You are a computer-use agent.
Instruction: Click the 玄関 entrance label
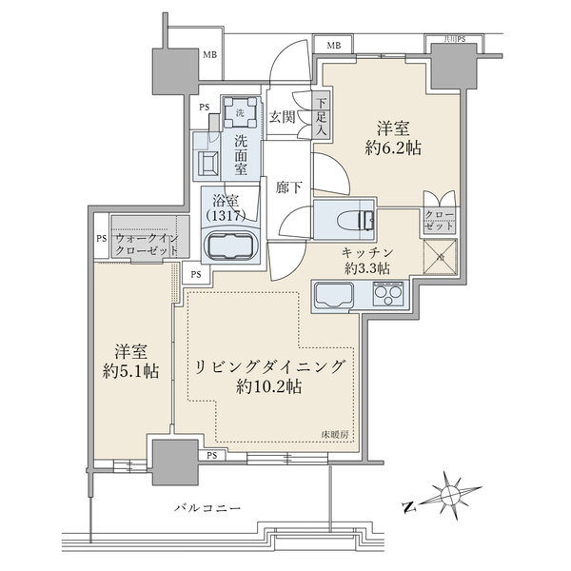[282, 117]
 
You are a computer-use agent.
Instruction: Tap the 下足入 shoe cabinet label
[321, 115]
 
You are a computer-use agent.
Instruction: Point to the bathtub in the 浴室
[230, 246]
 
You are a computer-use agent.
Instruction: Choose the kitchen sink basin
[333, 297]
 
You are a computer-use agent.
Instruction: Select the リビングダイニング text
[269, 366]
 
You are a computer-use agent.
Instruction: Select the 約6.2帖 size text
[394, 148]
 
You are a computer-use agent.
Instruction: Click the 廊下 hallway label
[290, 187]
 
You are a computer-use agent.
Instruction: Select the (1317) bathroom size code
[227, 217]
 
